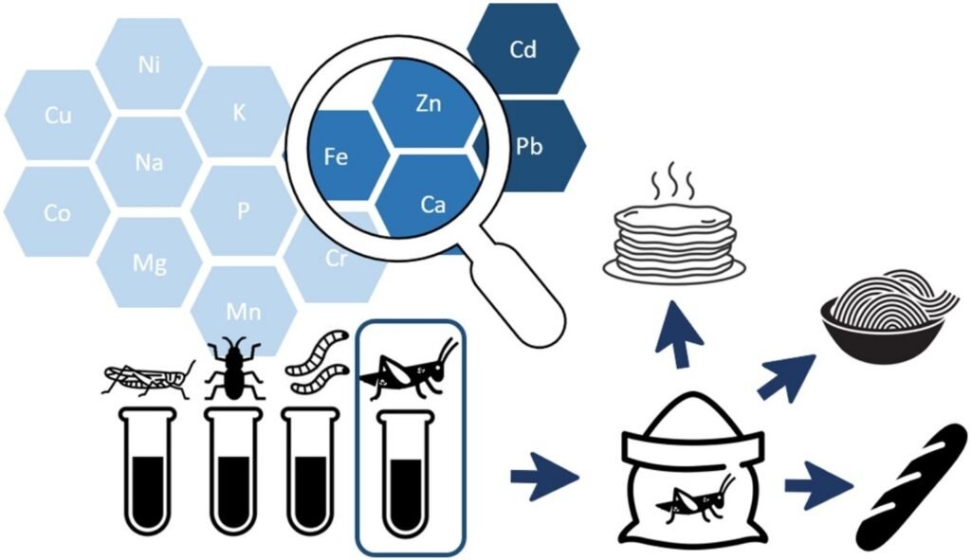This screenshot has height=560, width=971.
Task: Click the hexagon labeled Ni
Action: (148, 64)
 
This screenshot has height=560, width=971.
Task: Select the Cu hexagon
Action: (57, 116)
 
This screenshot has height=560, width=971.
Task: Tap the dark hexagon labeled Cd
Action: (522, 49)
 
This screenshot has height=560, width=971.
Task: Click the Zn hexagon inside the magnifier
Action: (428, 105)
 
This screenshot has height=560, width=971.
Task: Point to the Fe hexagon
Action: (337, 156)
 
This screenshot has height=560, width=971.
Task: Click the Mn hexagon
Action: (244, 310)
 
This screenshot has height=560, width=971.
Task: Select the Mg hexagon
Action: (150, 262)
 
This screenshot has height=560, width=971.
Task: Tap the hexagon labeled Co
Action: (57, 213)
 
